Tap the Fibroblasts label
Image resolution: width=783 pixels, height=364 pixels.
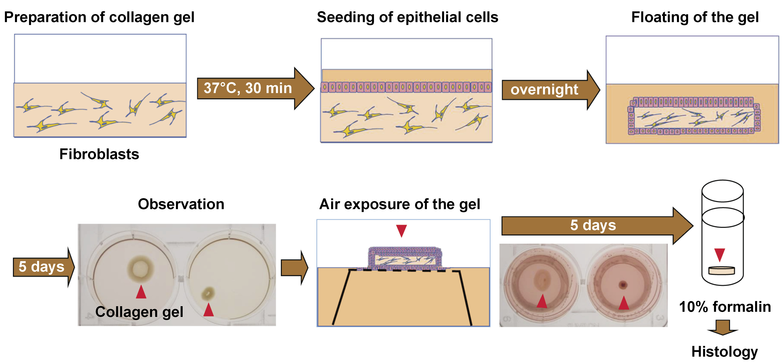pyautogui.click(x=99, y=154)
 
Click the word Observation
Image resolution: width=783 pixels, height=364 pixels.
pyautogui.click(x=181, y=204)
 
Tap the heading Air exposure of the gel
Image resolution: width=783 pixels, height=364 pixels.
pyautogui.click(x=399, y=204)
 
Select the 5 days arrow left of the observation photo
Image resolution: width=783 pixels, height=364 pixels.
pyautogui.click(x=43, y=267)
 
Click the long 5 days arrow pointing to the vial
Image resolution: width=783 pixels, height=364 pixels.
pyautogui.click(x=593, y=225)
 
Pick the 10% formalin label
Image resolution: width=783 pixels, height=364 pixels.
pyautogui.click(x=725, y=307)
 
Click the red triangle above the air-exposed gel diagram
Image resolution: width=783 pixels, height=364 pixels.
pyautogui.click(x=401, y=230)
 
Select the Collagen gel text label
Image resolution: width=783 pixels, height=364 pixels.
pyautogui.click(x=139, y=312)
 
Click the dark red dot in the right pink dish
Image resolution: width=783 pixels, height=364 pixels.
pyautogui.click(x=623, y=285)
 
